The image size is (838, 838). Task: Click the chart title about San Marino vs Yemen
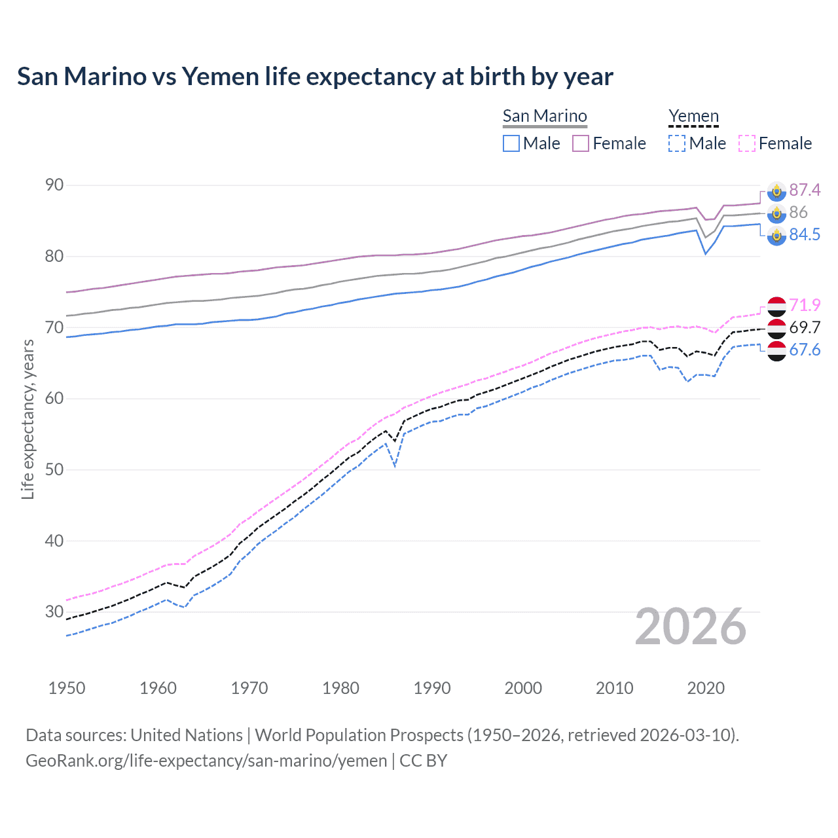click(315, 77)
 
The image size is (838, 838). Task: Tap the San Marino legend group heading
click(545, 116)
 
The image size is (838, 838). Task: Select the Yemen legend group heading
click(693, 116)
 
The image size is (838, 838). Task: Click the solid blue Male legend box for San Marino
click(511, 143)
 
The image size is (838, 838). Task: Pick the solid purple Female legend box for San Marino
click(581, 143)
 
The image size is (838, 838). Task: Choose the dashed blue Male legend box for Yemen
click(677, 143)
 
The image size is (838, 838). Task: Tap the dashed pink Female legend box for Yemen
click(746, 143)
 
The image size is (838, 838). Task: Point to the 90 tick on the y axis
click(54, 185)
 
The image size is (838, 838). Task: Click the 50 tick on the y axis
click(54, 469)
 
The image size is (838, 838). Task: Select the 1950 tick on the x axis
click(67, 688)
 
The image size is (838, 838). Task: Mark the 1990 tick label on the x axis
click(432, 688)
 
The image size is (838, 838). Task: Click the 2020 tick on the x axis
click(706, 688)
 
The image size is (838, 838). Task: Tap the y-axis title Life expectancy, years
click(27, 419)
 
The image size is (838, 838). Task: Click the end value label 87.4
click(805, 190)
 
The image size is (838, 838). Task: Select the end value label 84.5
click(805, 234)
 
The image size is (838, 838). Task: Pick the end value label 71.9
click(805, 305)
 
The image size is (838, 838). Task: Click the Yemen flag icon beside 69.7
click(776, 328)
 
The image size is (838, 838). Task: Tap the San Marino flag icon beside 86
click(776, 213)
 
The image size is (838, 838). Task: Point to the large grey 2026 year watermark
click(691, 627)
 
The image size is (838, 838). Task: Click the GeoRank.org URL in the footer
click(206, 761)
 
